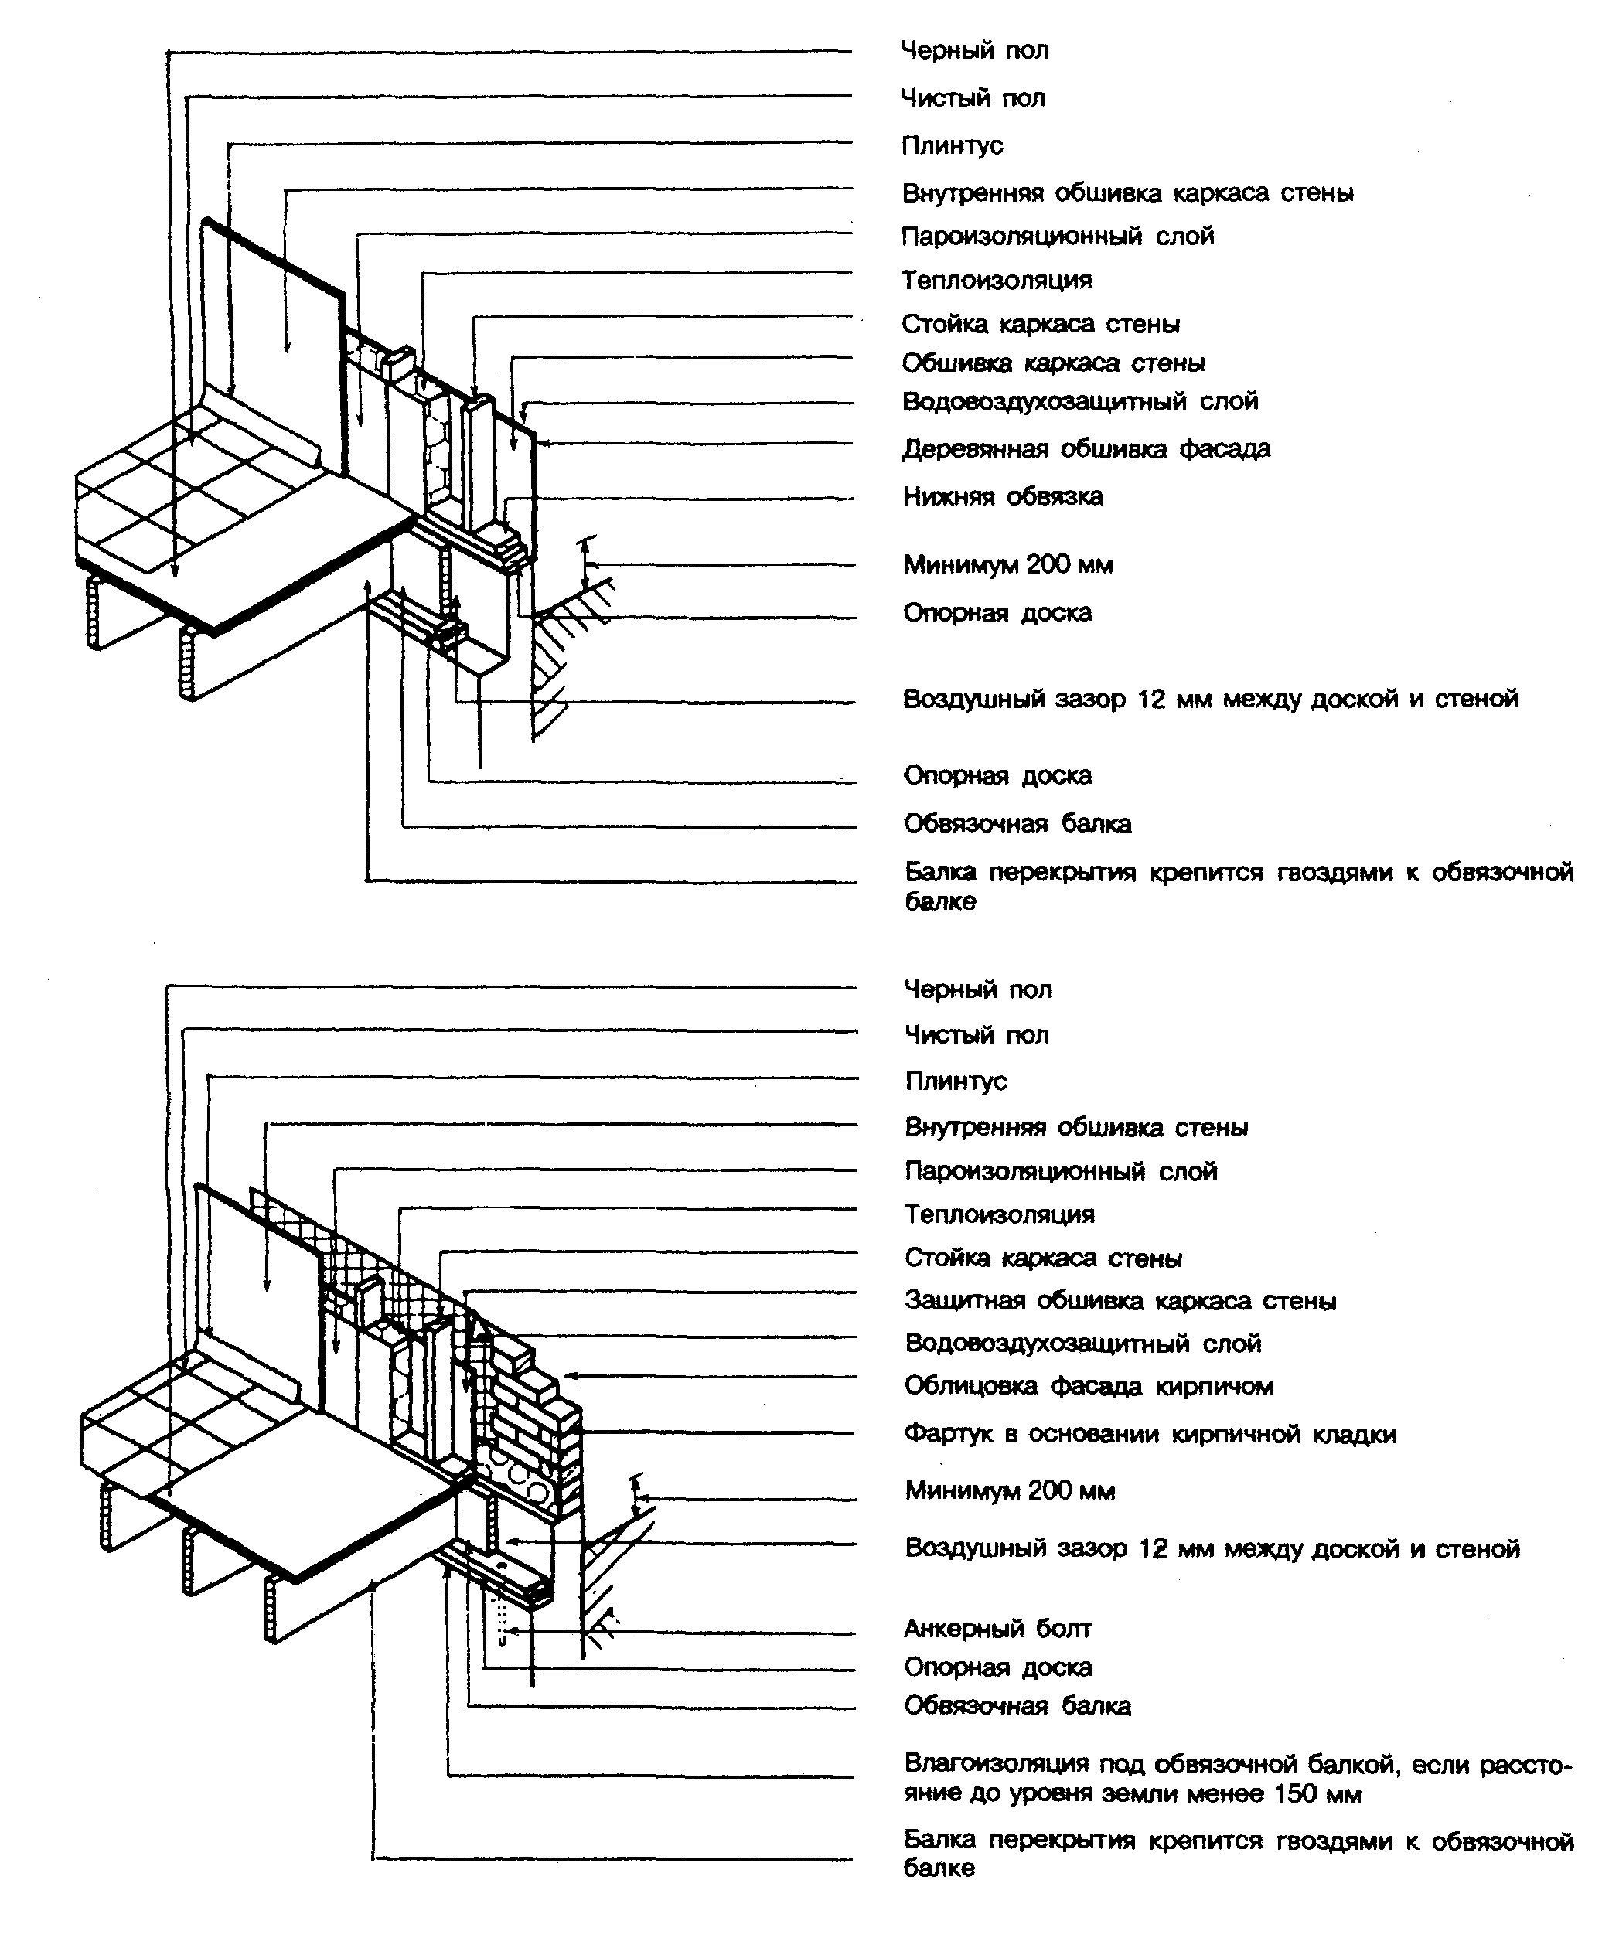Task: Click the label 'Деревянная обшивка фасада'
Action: point(1086,449)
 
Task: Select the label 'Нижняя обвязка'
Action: point(1002,496)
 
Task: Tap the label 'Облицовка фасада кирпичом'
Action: point(1089,1386)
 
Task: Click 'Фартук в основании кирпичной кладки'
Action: point(1150,1434)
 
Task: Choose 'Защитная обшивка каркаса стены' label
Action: point(1120,1301)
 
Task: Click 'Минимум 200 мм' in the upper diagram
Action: point(1007,565)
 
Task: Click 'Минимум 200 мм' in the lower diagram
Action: point(1010,1491)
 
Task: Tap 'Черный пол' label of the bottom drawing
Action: point(977,990)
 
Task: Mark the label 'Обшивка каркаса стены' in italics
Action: point(1053,363)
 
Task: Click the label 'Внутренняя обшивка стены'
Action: point(1076,1128)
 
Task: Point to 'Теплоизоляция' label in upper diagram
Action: point(997,281)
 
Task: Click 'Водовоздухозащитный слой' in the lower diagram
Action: point(1082,1344)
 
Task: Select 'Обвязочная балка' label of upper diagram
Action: point(1017,824)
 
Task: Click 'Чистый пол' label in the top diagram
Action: point(973,98)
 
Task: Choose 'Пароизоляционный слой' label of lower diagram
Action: point(1060,1172)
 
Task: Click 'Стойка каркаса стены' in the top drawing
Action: point(1040,325)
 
